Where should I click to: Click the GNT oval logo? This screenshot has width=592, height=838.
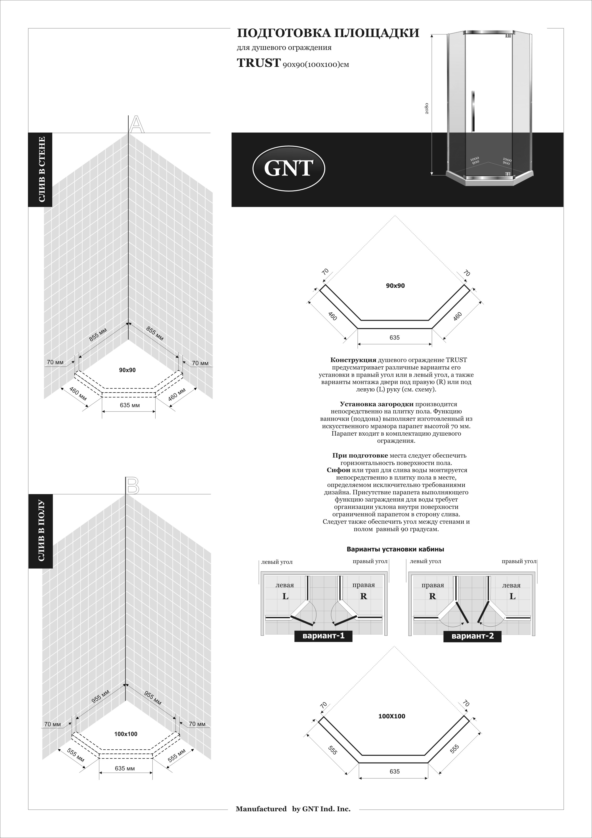click(x=288, y=168)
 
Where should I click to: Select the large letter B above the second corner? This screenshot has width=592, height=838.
click(x=132, y=486)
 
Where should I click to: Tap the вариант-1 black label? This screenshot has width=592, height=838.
click(x=323, y=636)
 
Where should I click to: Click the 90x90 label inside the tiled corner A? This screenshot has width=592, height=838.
click(x=127, y=370)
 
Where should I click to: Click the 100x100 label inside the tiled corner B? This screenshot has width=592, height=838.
click(x=126, y=734)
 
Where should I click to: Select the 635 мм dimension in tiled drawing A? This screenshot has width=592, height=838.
click(x=130, y=405)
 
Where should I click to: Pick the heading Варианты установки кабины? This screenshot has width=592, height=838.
click(x=395, y=549)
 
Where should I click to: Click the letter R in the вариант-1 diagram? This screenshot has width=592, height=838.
click(x=363, y=596)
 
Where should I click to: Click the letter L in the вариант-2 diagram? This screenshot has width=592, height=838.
click(x=512, y=596)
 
